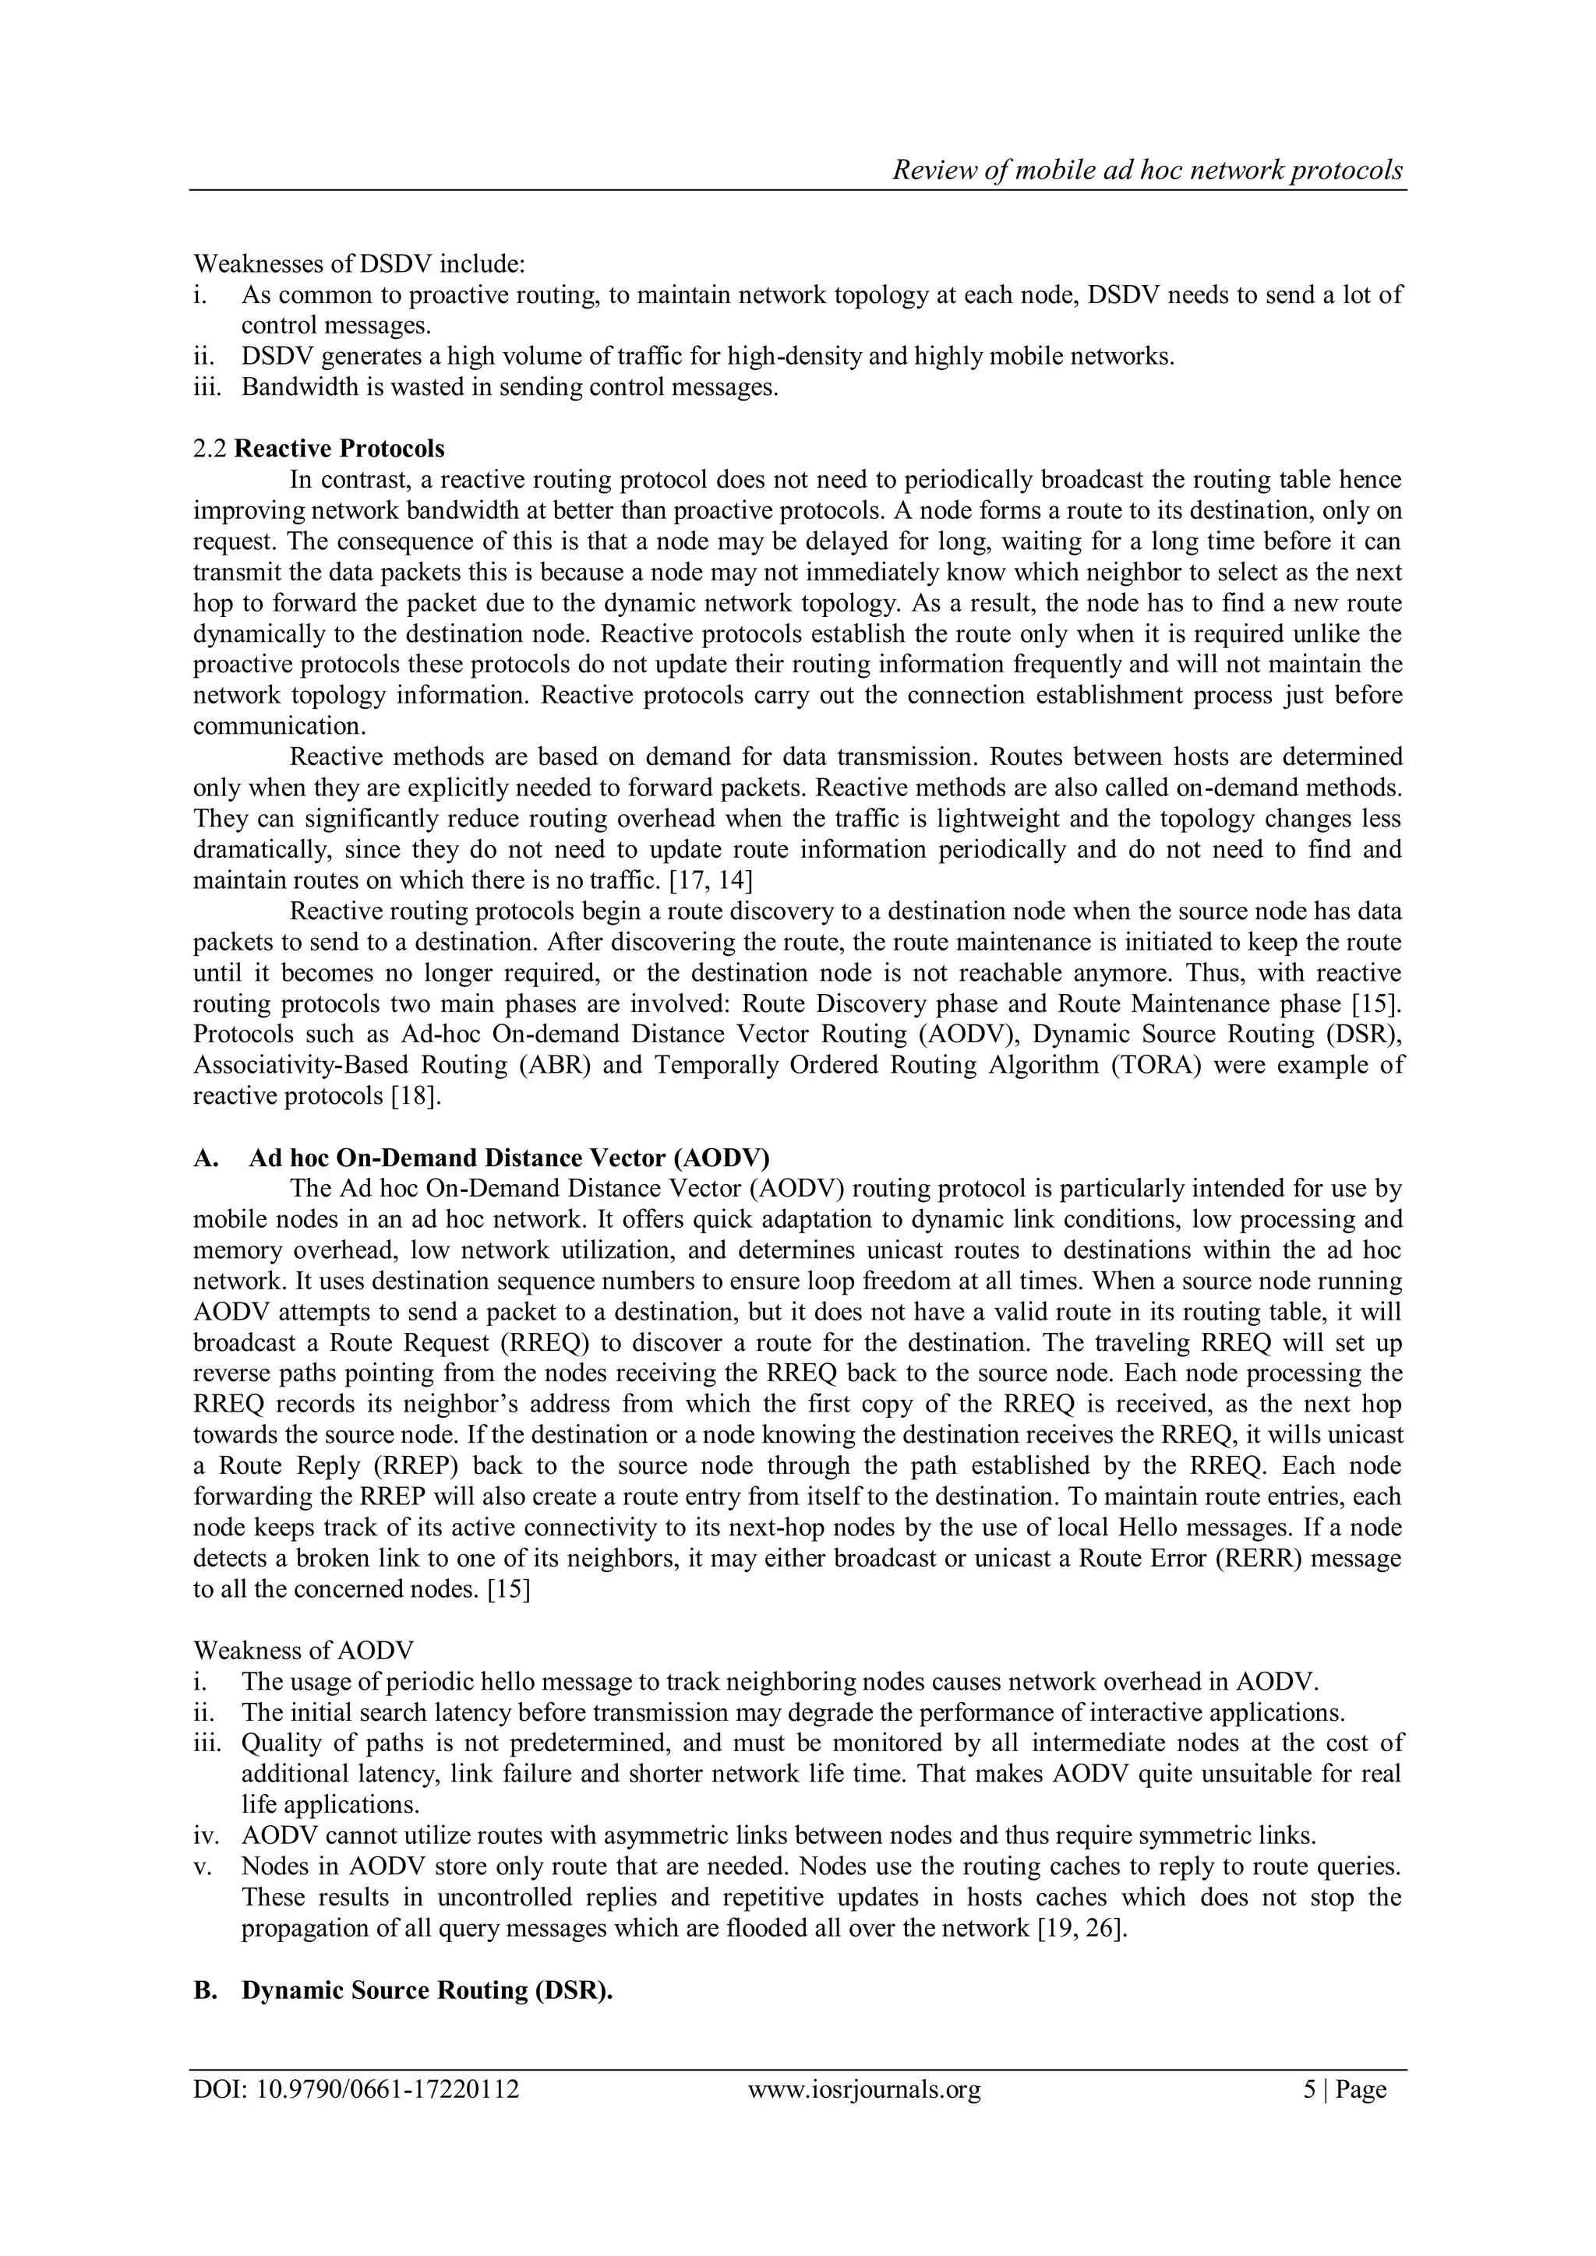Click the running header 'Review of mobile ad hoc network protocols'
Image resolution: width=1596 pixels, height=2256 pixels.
pos(1147,170)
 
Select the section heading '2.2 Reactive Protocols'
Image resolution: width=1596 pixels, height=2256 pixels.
pos(319,449)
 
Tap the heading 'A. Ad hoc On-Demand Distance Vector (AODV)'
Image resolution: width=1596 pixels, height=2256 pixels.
pos(482,1158)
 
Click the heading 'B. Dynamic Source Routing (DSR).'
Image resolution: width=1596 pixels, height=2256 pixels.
pos(404,1990)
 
